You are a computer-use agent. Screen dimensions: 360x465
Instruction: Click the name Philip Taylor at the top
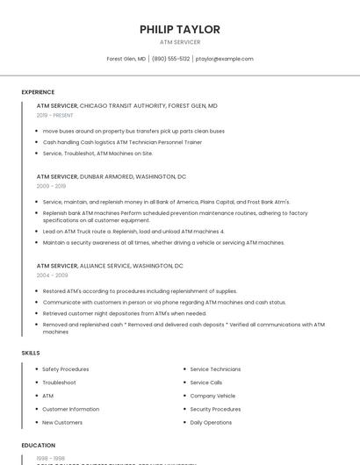180,29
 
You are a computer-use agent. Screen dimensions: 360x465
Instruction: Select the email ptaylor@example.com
224,59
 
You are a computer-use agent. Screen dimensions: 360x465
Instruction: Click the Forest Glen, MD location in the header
126,59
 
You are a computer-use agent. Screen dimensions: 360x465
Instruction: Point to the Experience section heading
38,92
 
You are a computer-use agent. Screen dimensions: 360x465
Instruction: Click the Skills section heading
31,353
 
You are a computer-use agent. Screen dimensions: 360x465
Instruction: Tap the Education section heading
39,446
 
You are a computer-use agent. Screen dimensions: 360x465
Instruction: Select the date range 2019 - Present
55,115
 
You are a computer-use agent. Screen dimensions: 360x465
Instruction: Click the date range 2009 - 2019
51,186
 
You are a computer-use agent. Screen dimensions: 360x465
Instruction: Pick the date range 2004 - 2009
52,275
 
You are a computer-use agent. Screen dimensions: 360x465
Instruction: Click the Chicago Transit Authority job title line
127,105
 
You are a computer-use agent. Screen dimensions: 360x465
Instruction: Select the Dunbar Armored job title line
112,176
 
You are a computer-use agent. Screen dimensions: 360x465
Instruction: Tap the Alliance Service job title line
110,266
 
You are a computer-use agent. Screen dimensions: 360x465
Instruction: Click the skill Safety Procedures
66,369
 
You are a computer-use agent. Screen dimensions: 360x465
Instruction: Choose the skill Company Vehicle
212,396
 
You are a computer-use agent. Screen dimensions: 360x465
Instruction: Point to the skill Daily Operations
211,422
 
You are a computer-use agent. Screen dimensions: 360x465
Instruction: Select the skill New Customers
62,422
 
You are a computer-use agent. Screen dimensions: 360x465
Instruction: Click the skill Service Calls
206,383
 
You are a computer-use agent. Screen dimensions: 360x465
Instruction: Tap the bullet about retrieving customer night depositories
125,313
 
